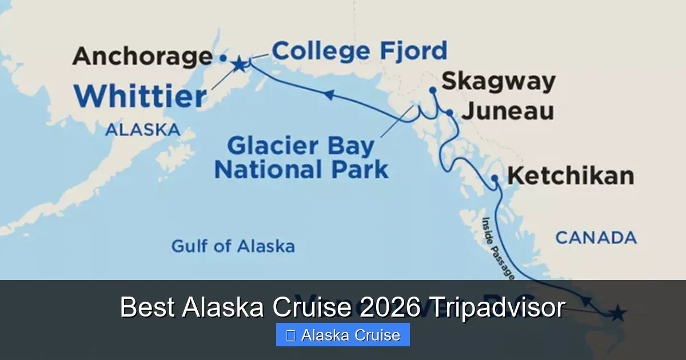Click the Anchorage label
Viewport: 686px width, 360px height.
(142, 57)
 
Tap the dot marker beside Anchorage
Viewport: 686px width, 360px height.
(223, 58)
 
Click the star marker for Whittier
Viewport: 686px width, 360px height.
(238, 65)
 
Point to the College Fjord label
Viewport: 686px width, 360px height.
(359, 51)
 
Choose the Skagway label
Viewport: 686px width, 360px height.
(498, 82)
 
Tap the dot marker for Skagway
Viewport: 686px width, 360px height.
(433, 90)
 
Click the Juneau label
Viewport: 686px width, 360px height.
(507, 111)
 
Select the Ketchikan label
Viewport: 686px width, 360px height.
(571, 175)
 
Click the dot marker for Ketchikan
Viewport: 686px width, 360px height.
(495, 179)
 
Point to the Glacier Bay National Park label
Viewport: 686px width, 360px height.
(301, 158)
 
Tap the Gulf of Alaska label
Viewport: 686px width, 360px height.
(233, 246)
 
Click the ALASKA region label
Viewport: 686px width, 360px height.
(142, 130)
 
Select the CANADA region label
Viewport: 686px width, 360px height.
(596, 237)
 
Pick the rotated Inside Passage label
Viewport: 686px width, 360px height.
(497, 247)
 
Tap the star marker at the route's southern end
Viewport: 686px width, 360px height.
(618, 313)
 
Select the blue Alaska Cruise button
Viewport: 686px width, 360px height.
(343, 335)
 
